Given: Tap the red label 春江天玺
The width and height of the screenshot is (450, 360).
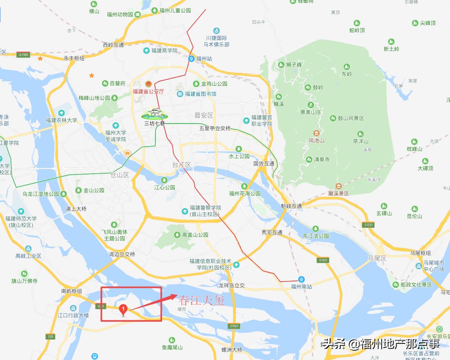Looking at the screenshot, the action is pos(201,300).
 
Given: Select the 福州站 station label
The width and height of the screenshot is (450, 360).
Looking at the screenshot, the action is pos(204,59).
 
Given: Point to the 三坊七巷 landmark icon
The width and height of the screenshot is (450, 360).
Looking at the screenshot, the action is pos(154,113).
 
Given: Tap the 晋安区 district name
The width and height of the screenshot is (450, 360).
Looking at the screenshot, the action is pos(204,115).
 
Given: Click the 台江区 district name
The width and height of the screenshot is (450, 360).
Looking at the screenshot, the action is pos(181,165).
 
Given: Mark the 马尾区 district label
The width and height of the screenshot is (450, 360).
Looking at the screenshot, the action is pos(377,258).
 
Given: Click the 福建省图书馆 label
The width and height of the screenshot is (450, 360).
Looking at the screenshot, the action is pos(200,94).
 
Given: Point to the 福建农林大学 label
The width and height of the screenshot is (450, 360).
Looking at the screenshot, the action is pos(61,120).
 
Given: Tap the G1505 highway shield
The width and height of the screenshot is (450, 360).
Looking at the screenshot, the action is pos(23,55).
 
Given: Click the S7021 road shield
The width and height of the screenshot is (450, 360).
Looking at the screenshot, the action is pos(234,326).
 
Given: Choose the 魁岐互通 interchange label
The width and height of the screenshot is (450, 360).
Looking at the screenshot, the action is pos(291,206).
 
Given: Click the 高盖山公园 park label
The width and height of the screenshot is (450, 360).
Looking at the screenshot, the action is pos(195,235).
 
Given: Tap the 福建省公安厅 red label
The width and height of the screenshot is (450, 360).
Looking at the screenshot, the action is pos(148,92).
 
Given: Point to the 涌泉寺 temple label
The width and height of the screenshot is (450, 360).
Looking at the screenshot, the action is pos(322,160).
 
